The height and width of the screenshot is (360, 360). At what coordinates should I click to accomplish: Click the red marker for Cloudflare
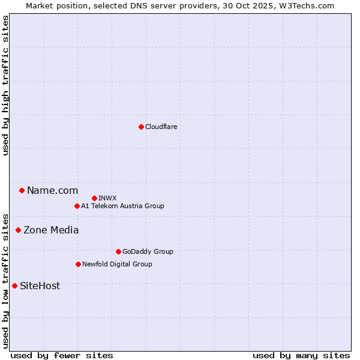[x=141, y=127]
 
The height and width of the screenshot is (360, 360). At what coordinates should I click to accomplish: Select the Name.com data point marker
[x=22, y=191]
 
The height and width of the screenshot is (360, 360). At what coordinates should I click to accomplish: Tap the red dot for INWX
[x=94, y=198]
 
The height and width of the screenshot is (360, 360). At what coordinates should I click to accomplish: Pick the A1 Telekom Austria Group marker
[x=77, y=206]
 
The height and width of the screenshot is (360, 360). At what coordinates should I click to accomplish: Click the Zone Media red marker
[x=18, y=230]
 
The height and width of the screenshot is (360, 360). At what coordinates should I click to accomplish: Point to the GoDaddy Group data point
[x=118, y=251]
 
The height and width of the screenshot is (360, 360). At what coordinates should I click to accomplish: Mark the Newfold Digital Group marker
[x=78, y=264]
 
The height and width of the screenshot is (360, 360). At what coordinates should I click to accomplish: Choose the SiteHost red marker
[x=14, y=286]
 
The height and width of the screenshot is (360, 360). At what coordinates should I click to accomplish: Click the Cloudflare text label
[x=161, y=127]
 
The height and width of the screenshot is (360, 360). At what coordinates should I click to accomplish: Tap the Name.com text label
[x=52, y=191]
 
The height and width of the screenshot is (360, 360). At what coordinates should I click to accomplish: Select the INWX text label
[x=107, y=198]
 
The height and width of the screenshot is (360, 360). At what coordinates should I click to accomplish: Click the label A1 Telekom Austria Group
[x=122, y=206]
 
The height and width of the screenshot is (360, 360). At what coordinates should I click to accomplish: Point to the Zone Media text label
[x=51, y=230]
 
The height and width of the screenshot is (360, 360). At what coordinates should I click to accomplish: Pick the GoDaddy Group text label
[x=148, y=251]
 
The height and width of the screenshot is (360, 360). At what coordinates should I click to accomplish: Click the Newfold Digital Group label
[x=117, y=264]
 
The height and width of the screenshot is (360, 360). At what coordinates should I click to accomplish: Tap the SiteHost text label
[x=40, y=286]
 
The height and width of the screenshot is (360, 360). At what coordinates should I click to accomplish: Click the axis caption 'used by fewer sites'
[x=62, y=355]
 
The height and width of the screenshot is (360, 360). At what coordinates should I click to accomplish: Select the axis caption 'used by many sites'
[x=301, y=355]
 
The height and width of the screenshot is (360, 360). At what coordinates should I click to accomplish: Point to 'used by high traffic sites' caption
[x=6, y=85]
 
